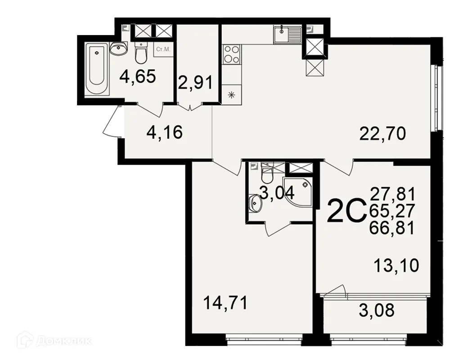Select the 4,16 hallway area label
click(x=165, y=133)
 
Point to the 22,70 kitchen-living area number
click(x=383, y=133)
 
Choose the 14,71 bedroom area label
click(x=225, y=303)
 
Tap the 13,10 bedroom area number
click(x=396, y=265)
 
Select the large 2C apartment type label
click(x=345, y=212)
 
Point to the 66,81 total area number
click(x=391, y=229)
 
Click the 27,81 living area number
click(x=391, y=194)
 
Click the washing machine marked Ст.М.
click(x=162, y=49)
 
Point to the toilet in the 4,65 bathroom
click(x=141, y=54)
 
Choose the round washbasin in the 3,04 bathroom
click(x=255, y=203)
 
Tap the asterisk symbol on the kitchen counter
click(x=232, y=94)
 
